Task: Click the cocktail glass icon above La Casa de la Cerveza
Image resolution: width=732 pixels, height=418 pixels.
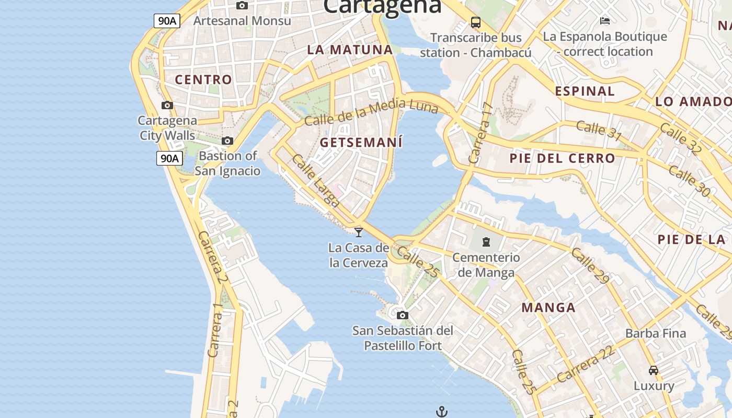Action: click(x=359, y=232)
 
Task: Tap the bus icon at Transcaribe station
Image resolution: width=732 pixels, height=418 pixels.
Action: click(x=476, y=22)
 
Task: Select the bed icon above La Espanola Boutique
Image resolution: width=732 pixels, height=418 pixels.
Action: click(x=605, y=21)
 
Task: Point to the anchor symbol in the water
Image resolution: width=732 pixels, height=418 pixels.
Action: click(x=442, y=412)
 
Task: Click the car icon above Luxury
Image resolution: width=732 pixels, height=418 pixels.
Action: click(x=654, y=370)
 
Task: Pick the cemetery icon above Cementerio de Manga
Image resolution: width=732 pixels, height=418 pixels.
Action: click(x=486, y=242)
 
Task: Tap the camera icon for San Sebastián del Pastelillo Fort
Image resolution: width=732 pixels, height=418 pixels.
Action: click(x=402, y=315)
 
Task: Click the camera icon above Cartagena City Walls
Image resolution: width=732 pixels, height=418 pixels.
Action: click(x=167, y=105)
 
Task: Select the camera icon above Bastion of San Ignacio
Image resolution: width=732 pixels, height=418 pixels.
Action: click(x=227, y=141)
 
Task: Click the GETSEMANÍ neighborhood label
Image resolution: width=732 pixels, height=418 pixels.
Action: click(x=361, y=142)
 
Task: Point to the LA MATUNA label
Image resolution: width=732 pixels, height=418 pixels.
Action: click(x=350, y=50)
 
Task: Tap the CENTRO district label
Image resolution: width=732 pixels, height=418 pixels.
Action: click(x=203, y=80)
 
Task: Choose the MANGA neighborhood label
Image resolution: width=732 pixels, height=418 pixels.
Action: click(x=548, y=307)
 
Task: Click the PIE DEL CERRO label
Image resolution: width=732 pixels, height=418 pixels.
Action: click(x=563, y=158)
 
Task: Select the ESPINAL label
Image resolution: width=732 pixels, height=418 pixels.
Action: click(x=585, y=91)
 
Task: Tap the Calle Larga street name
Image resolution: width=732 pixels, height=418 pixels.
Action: click(x=316, y=181)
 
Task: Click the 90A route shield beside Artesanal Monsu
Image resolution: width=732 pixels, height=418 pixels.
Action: click(x=167, y=21)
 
